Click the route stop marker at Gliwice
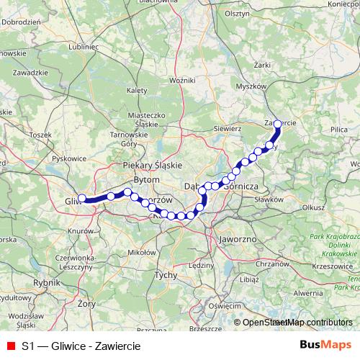82,198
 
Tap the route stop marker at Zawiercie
278,124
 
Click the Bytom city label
146,179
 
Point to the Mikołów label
140,253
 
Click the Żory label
67,305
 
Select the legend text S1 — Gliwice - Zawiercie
81,346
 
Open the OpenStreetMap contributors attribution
297,323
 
